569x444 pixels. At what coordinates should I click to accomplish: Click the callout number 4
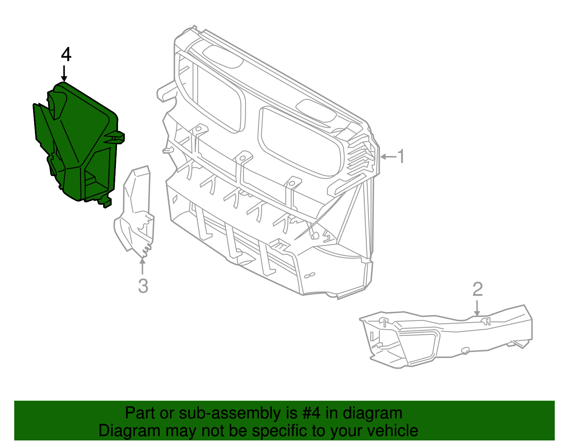point(66,54)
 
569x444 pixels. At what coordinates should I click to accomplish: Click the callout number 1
point(401,156)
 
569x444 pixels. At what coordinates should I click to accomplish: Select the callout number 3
point(143,286)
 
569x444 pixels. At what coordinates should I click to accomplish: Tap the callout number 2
point(478,289)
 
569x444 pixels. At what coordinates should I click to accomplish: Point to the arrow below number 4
point(64,74)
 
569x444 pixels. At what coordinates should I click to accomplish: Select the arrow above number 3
point(142,266)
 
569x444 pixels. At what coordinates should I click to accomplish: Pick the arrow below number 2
point(477,308)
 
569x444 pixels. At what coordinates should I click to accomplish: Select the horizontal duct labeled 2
point(446,337)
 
